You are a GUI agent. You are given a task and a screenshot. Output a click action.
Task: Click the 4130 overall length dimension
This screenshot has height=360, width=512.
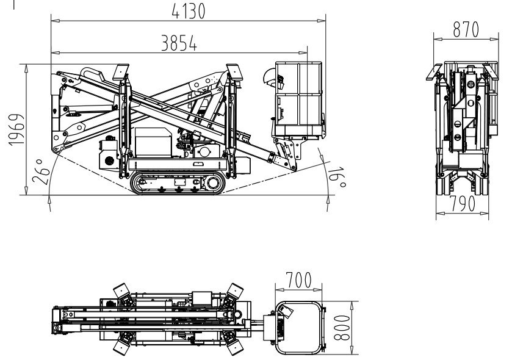pos(189,11)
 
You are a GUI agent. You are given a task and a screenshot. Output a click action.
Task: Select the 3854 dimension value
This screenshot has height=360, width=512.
pos(179,43)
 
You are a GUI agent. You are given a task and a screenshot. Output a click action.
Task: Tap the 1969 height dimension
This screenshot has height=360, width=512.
pos(16,129)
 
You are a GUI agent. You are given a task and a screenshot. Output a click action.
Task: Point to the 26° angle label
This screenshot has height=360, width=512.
pos(41,171)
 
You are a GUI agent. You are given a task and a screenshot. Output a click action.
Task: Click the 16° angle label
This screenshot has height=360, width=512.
pos(337,178)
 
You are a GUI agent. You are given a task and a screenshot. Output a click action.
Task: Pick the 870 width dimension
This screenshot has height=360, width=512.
pos(466,30)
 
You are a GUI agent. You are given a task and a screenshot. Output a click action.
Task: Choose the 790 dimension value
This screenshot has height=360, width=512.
pos(463,204)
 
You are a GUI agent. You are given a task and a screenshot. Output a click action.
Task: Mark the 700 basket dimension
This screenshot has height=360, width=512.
pos(299,280)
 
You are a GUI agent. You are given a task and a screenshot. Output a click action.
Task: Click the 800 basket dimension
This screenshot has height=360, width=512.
pos(342,328)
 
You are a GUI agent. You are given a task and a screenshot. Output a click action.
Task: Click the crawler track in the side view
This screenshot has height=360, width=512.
pos(178,182)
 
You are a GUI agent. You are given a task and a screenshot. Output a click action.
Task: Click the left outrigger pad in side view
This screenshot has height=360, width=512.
pos(121,72)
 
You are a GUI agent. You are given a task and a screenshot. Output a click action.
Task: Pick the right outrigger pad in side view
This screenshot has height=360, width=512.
pos(235,72)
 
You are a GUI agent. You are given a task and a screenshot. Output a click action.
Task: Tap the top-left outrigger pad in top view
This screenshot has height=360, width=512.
pos(121,290)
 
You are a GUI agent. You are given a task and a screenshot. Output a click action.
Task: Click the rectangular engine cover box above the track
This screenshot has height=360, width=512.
pos(153,142)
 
